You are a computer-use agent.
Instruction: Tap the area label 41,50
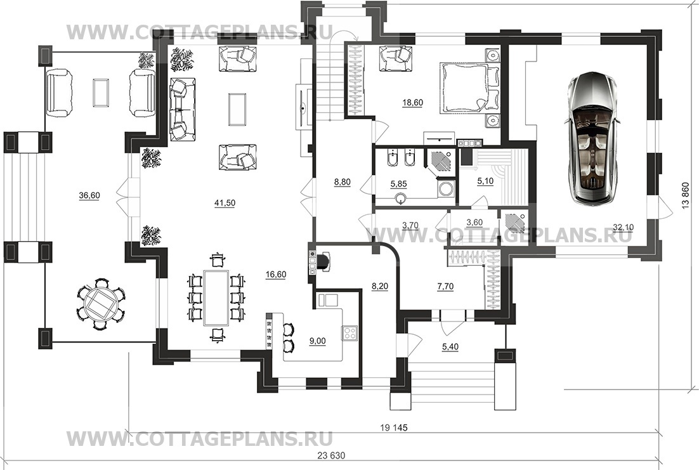225,204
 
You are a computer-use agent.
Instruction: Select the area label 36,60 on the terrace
89,195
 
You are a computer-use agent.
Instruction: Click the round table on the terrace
101,304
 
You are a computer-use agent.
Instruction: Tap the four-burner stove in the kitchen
349,332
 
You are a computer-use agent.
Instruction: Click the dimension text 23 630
331,456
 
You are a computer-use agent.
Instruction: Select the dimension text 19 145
394,428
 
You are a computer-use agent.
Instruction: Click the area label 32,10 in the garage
624,228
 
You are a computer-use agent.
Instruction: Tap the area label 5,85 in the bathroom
398,184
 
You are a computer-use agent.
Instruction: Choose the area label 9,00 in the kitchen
317,341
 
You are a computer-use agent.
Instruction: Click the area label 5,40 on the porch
450,346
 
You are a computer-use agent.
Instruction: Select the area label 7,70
445,287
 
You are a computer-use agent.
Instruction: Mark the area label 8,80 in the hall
343,182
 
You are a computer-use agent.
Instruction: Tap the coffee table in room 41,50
238,109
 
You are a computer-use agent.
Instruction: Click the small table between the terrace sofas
101,93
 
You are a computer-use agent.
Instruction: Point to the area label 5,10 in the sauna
485,181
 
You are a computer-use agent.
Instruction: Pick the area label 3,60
474,223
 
